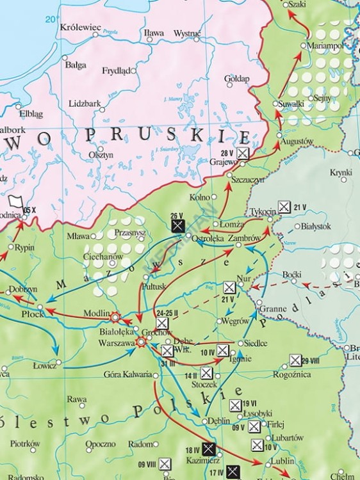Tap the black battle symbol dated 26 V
pyautogui.click(x=178, y=225)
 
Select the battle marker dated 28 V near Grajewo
pyautogui.click(x=243, y=153)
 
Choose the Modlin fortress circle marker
pyautogui.click(x=116, y=317)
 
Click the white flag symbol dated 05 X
pyautogui.click(x=15, y=201)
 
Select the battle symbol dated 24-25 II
pyautogui.click(x=162, y=324)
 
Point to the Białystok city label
pyautogui.click(x=316, y=227)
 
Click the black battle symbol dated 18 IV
pyautogui.click(x=208, y=449)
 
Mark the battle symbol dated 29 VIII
pyautogui.click(x=295, y=360)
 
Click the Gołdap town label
pyautogui.click(x=236, y=78)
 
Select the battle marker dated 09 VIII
pyautogui.click(x=165, y=464)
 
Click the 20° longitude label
pyautogui.click(x=51, y=20)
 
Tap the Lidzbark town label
pyautogui.click(x=83, y=103)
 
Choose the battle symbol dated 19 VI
pyautogui.click(x=235, y=404)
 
